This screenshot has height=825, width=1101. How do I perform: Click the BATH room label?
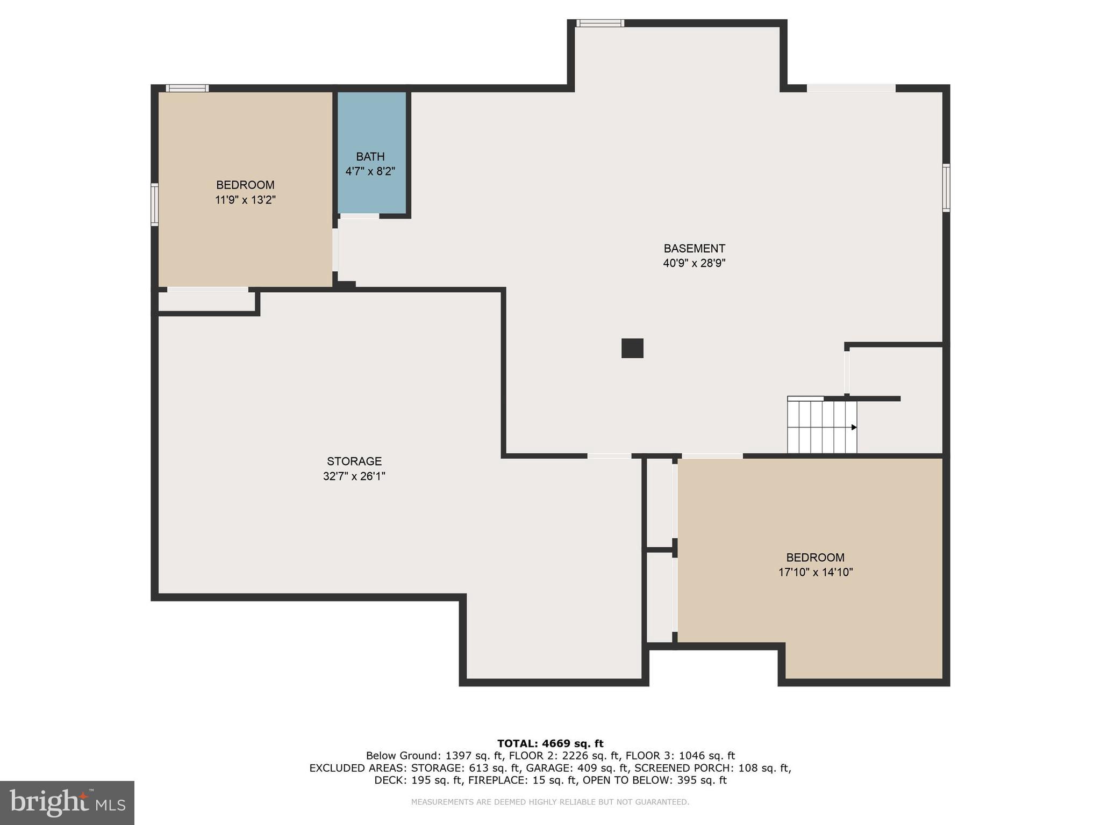[x=370, y=156]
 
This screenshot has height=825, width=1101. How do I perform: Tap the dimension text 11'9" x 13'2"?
[x=245, y=200]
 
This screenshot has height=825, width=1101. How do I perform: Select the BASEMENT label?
[x=694, y=248]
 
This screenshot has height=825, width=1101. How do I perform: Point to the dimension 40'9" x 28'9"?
[x=694, y=263]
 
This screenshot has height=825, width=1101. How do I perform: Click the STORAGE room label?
[x=354, y=461]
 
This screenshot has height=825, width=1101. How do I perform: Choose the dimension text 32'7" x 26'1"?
[x=354, y=476]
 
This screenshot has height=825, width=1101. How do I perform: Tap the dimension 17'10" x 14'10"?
[x=815, y=572]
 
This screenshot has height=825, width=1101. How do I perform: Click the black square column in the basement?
[x=632, y=348]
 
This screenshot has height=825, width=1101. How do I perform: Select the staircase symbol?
[x=821, y=426]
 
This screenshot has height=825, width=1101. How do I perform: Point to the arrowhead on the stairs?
[x=854, y=428]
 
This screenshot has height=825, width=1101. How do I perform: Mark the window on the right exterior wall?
[x=946, y=187]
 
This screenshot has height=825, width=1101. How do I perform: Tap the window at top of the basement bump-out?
[x=600, y=23]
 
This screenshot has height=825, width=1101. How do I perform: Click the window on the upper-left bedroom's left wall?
[x=154, y=204]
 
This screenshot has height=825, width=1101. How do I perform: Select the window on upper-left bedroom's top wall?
[x=187, y=88]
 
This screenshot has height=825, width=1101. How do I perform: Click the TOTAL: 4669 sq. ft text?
[x=550, y=743]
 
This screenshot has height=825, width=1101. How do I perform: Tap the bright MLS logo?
[x=67, y=802]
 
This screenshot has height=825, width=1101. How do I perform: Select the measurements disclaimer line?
[x=550, y=802]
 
